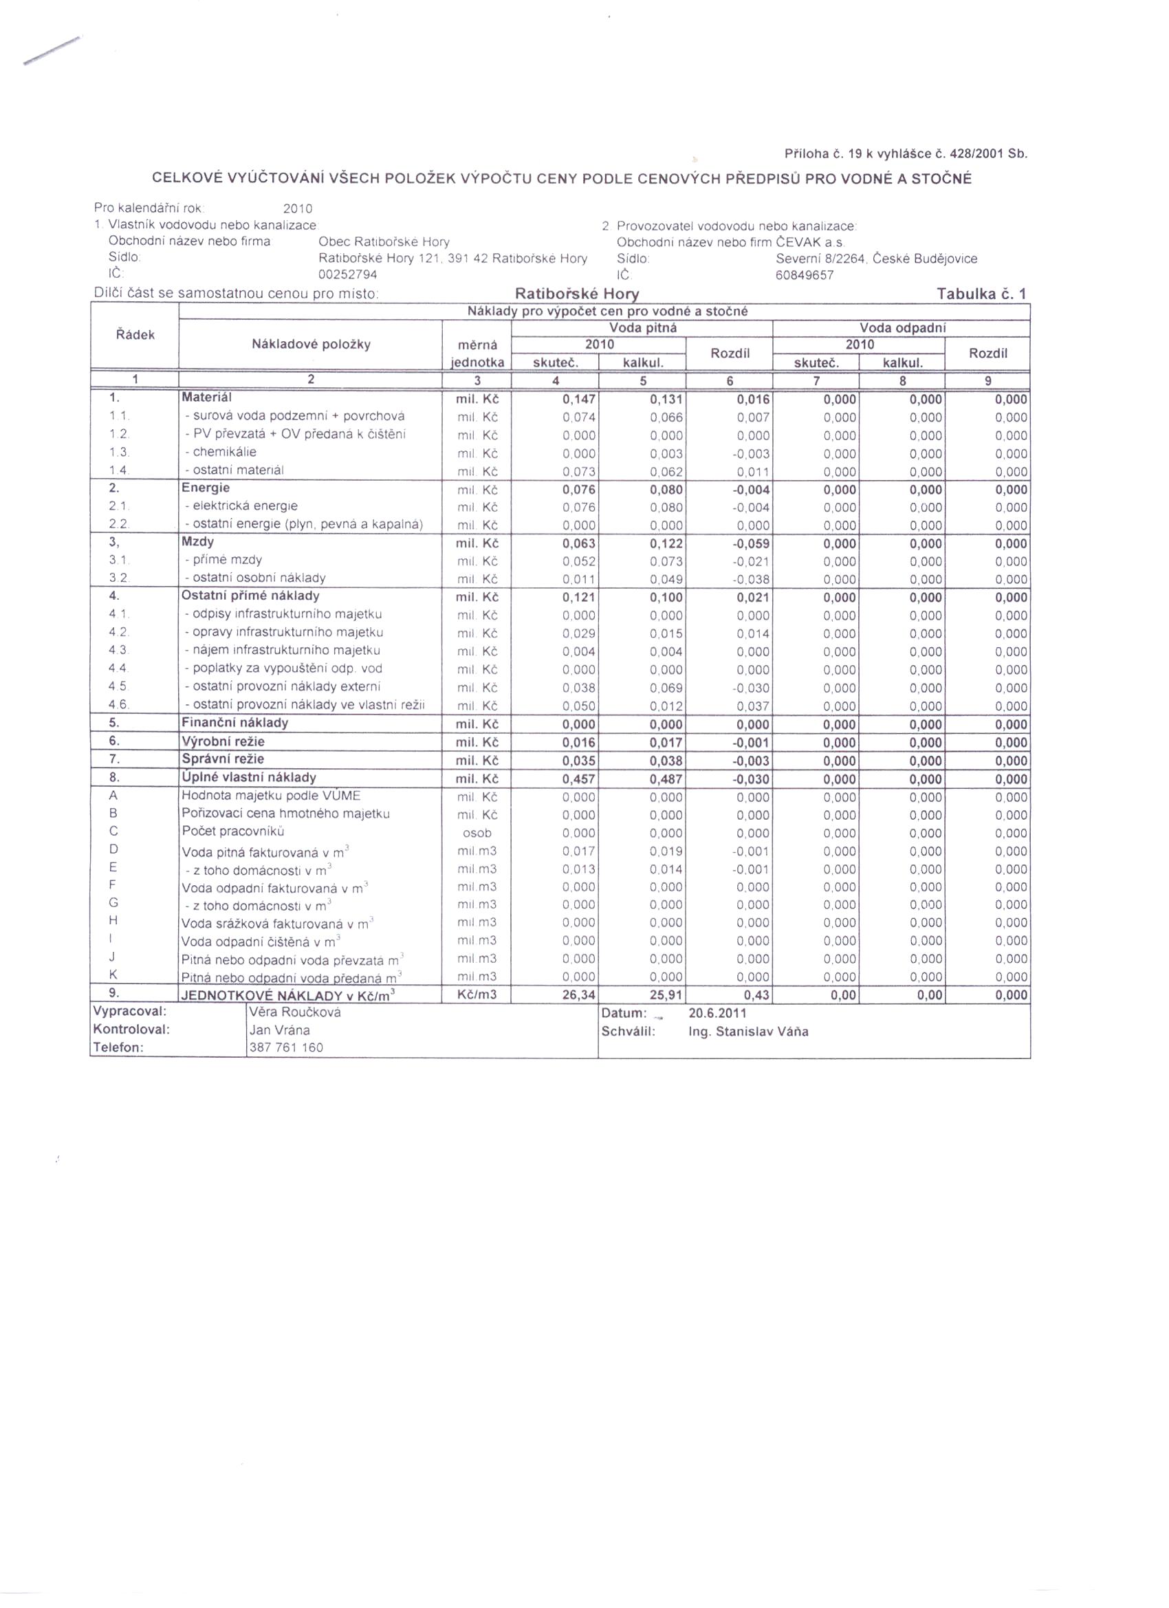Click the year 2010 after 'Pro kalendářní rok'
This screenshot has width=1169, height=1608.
pyautogui.click(x=297, y=208)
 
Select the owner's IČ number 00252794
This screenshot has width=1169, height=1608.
pyautogui.click(x=347, y=274)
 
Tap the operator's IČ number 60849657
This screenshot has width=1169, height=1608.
pyautogui.click(x=805, y=275)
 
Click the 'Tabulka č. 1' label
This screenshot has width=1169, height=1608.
pyautogui.click(x=981, y=294)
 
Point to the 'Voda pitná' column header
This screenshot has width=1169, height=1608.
pyautogui.click(x=642, y=327)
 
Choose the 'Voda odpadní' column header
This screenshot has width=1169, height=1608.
pyautogui.click(x=902, y=327)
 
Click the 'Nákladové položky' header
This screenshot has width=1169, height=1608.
pyautogui.click(x=312, y=345)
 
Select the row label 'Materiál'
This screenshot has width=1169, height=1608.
pyautogui.click(x=206, y=398)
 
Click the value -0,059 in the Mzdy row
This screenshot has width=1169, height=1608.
pyautogui.click(x=752, y=544)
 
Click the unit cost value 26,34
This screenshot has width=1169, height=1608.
pyautogui.click(x=578, y=995)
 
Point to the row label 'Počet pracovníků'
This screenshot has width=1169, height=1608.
pyautogui.click(x=224, y=831)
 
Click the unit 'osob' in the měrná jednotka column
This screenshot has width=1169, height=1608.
pyautogui.click(x=477, y=833)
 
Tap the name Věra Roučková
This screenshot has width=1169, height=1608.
pyautogui.click(x=295, y=1012)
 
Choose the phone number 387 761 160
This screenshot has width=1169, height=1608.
pyautogui.click(x=285, y=1047)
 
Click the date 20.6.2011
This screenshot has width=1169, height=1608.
pyautogui.click(x=717, y=1013)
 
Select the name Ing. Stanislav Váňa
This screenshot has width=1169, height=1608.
pyautogui.click(x=747, y=1031)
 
